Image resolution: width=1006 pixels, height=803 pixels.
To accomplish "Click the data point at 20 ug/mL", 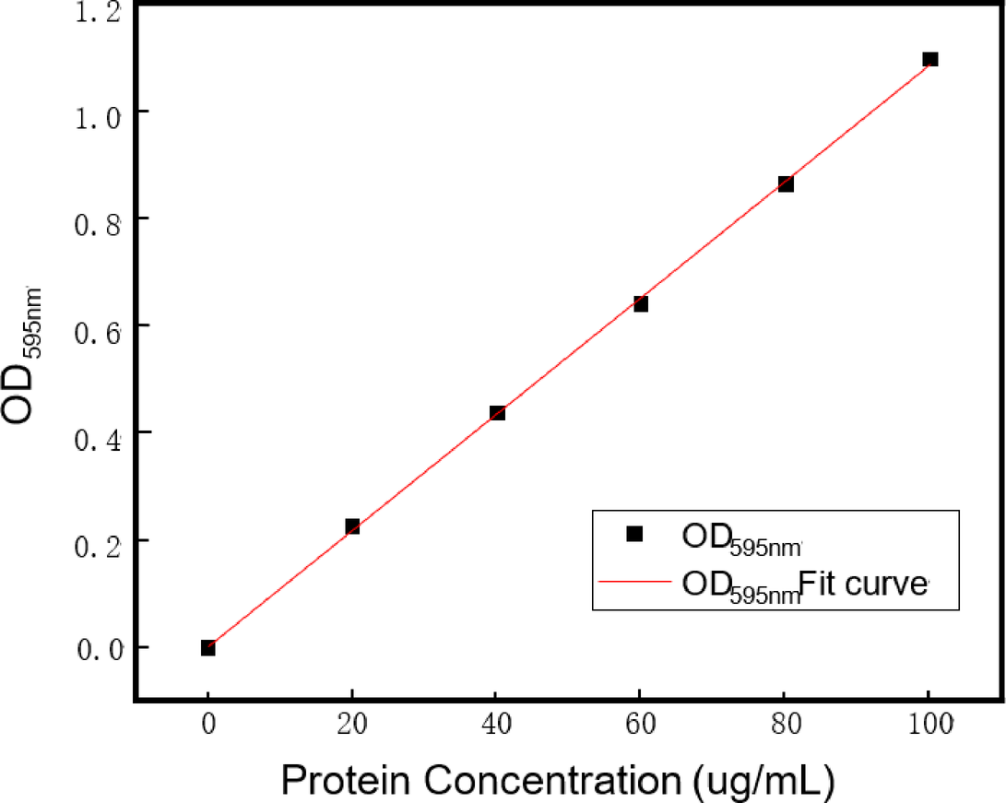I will coord(352,526).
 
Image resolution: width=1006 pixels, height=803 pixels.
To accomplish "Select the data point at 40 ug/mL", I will coord(497,413).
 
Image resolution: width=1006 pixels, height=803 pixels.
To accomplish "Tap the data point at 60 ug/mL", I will coord(641,303).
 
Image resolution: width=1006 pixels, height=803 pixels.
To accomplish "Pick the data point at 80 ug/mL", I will coord(786,183).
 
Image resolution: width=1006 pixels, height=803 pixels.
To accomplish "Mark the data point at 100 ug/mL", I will coord(930,60).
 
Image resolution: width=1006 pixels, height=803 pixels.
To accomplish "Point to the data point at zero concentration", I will coord(208,648).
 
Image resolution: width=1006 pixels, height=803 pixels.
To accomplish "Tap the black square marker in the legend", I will coord(633,534).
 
